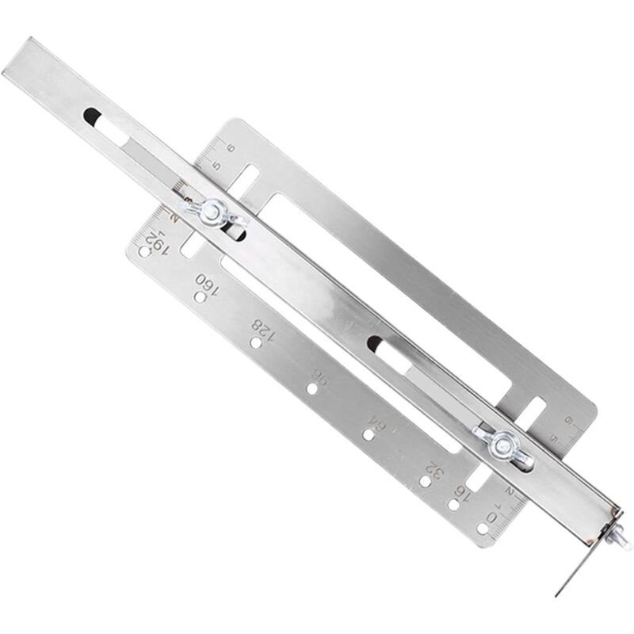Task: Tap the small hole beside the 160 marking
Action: pos(201,298)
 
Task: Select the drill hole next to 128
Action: pos(255,343)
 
